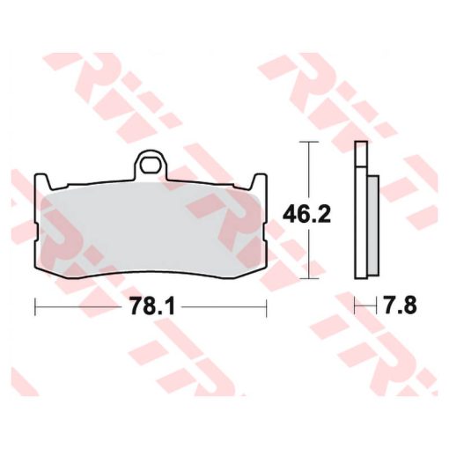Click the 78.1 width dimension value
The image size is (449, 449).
coord(152,306)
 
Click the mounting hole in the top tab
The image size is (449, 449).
coord(151,166)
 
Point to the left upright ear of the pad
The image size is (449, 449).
coord(42,182)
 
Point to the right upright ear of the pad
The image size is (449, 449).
coord(260,182)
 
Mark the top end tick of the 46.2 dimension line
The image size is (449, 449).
coord(308,142)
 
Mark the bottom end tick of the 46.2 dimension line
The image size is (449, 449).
coord(308,278)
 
